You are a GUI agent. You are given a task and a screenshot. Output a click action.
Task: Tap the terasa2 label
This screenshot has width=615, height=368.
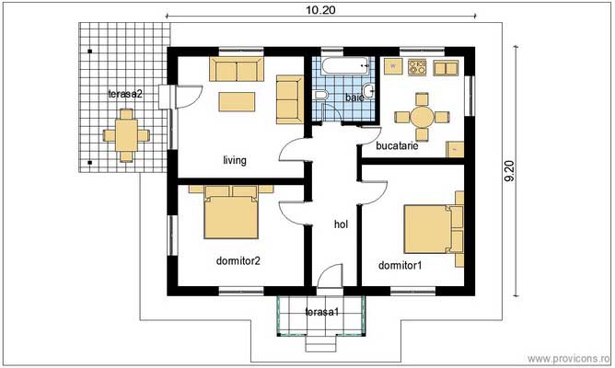(x=125, y=94)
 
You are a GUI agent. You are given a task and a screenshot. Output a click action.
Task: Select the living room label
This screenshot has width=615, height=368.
(x=235, y=160)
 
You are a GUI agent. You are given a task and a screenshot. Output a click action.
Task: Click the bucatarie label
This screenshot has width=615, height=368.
(x=398, y=145)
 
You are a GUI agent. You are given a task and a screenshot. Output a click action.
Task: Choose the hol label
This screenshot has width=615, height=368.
(x=340, y=224)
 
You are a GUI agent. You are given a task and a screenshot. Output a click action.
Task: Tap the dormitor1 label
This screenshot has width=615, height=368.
(x=400, y=266)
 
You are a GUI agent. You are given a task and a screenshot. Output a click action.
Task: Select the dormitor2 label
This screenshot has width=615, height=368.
(x=238, y=260)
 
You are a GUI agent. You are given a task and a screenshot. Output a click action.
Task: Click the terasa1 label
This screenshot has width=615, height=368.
(x=321, y=314)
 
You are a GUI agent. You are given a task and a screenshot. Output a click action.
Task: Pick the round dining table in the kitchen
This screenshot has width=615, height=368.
(x=423, y=117)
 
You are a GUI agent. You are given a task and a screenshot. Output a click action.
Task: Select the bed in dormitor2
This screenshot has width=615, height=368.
(x=229, y=213)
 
